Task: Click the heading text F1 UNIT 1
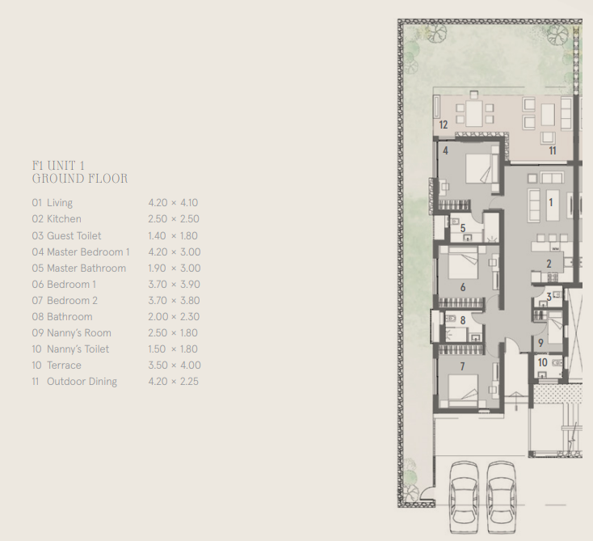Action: [x=58, y=165]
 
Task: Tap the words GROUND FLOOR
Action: [x=80, y=179]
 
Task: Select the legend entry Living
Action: [x=59, y=203]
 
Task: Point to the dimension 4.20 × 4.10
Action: [x=173, y=203]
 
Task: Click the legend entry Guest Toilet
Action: [x=74, y=235]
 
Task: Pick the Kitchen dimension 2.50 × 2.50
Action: [x=173, y=219]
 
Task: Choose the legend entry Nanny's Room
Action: [x=78, y=333]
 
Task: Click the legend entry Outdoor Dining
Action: [x=82, y=382]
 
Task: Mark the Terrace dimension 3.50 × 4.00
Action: [x=173, y=366]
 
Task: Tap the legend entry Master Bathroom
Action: [x=86, y=268]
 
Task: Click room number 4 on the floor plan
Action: [x=445, y=150]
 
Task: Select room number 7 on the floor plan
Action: [x=462, y=366]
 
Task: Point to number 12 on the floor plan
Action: [x=443, y=125]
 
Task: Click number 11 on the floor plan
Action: [x=553, y=150]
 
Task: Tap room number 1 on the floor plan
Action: [x=551, y=203]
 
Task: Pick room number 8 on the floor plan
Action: [x=462, y=320]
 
